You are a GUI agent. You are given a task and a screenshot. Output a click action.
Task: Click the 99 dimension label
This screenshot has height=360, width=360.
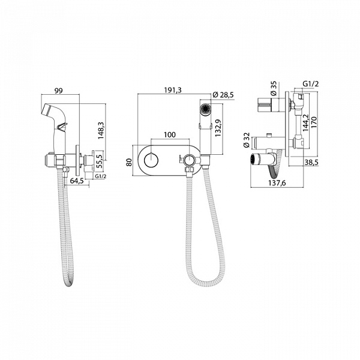pyautogui.click(x=58, y=91)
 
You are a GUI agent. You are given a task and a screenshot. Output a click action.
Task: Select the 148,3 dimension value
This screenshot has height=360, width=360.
pyautogui.click(x=101, y=130)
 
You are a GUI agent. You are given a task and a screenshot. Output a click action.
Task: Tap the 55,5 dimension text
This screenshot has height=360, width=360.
pyautogui.click(x=99, y=161)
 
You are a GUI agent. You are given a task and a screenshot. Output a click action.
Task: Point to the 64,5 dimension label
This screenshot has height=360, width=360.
pyautogui.click(x=76, y=181)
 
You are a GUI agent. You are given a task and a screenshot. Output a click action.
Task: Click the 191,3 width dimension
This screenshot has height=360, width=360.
pyautogui.click(x=173, y=90)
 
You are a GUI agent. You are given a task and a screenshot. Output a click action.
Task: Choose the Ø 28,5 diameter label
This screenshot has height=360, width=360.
pyautogui.click(x=223, y=95)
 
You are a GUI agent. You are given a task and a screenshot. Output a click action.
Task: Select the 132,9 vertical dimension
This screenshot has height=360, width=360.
pyautogui.click(x=218, y=128)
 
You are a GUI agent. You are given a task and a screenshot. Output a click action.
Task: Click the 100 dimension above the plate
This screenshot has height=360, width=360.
pyautogui.click(x=170, y=134)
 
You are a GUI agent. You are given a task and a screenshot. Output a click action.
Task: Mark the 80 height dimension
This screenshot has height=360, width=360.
pyautogui.click(x=130, y=163)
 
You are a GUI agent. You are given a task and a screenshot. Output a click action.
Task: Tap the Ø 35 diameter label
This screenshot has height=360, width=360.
pyautogui.click(x=274, y=89)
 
